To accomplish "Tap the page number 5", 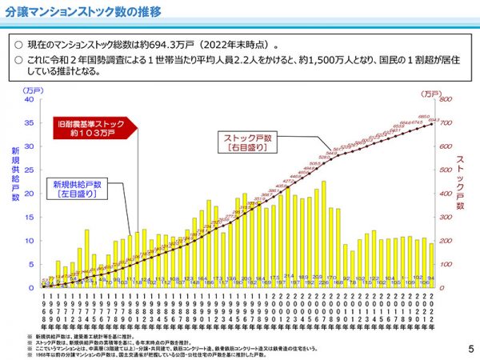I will coord(470,349).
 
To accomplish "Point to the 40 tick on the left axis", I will coord(30,100).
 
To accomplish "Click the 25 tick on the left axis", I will coord(30,170).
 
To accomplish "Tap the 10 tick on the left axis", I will coord(30,241).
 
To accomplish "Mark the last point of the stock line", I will coord(432,124).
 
